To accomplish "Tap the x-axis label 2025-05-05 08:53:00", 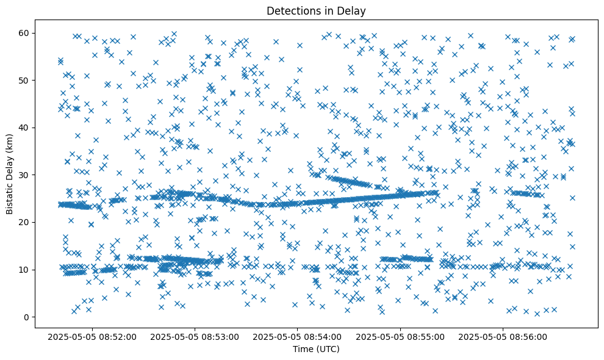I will pos(195,336).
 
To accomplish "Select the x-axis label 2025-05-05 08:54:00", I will pos(298,336).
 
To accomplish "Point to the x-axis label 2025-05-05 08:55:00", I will pos(401,336).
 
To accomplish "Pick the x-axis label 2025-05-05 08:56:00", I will pos(504,336).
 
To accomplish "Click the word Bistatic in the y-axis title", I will pos(10,196).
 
